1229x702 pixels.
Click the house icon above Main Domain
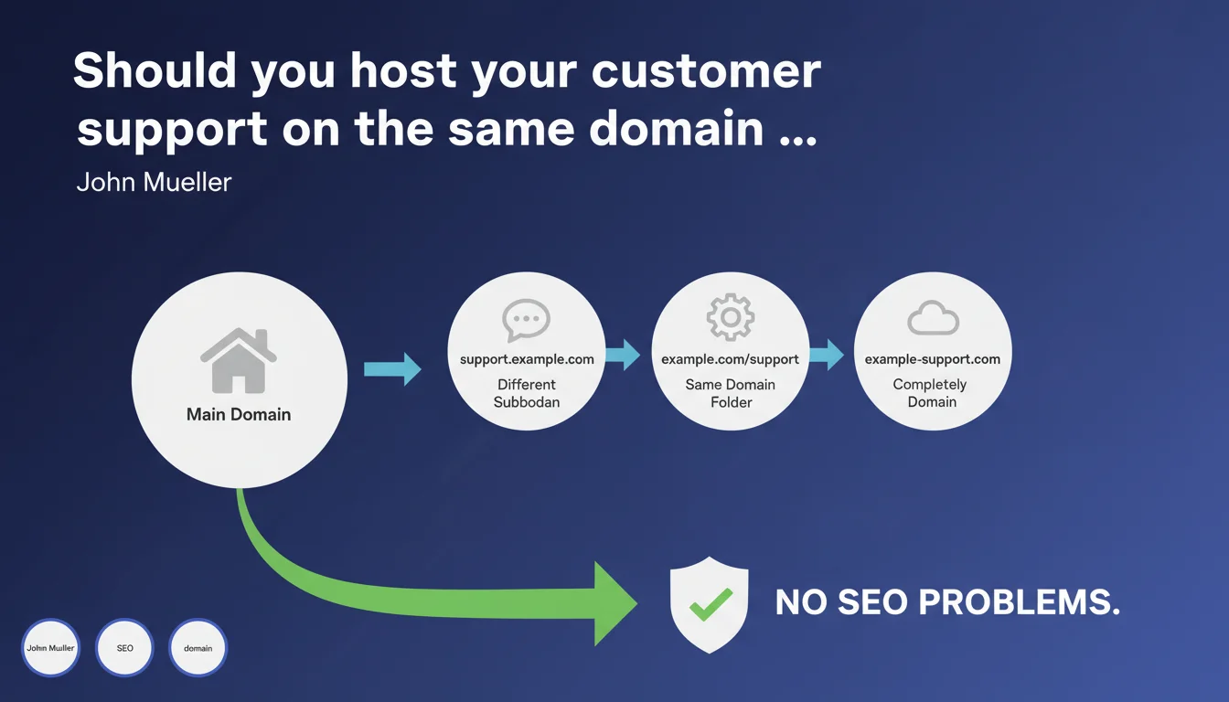[239, 360]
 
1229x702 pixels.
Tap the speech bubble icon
[526, 320]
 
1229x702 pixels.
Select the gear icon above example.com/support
[731, 317]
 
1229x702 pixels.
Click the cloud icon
[934, 318]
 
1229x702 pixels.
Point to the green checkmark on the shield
[711, 604]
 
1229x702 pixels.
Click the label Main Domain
[239, 414]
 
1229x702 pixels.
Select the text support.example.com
[527, 359]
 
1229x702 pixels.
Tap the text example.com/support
[730, 359]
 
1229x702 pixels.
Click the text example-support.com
[933, 359]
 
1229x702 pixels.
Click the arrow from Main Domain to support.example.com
[392, 369]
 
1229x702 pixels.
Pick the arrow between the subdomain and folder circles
[623, 355]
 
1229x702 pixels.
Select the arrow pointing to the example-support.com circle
[827, 355]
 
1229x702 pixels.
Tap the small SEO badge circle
[124, 648]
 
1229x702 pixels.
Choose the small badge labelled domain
[198, 648]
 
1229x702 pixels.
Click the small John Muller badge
[50, 648]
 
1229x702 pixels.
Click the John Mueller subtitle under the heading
[154, 182]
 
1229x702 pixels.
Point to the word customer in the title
[706, 72]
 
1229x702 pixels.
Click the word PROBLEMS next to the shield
[1019, 602]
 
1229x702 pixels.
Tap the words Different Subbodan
[527, 393]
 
